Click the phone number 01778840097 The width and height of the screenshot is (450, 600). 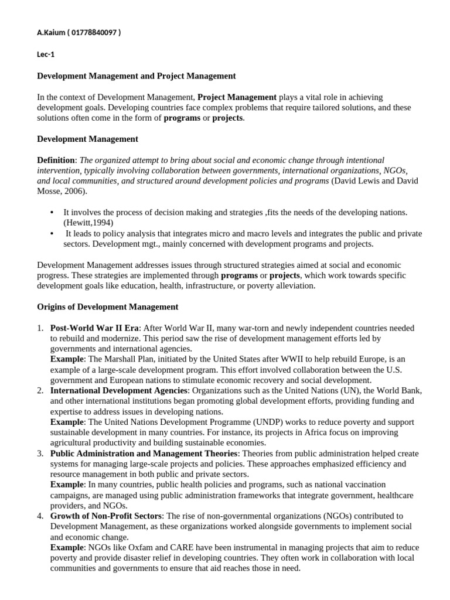click(94, 32)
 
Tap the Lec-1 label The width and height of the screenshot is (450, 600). click(46, 54)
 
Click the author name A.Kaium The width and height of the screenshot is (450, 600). click(51, 32)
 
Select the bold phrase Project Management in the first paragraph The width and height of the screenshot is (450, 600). click(237, 97)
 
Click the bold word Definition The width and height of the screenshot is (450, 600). click(56, 160)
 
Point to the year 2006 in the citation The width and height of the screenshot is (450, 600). click(73, 192)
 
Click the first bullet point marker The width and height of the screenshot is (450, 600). click(52, 213)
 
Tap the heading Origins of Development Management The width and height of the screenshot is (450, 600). click(108, 307)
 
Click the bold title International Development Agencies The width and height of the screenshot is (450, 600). click(120, 390)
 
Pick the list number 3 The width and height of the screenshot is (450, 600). click(40, 454)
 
